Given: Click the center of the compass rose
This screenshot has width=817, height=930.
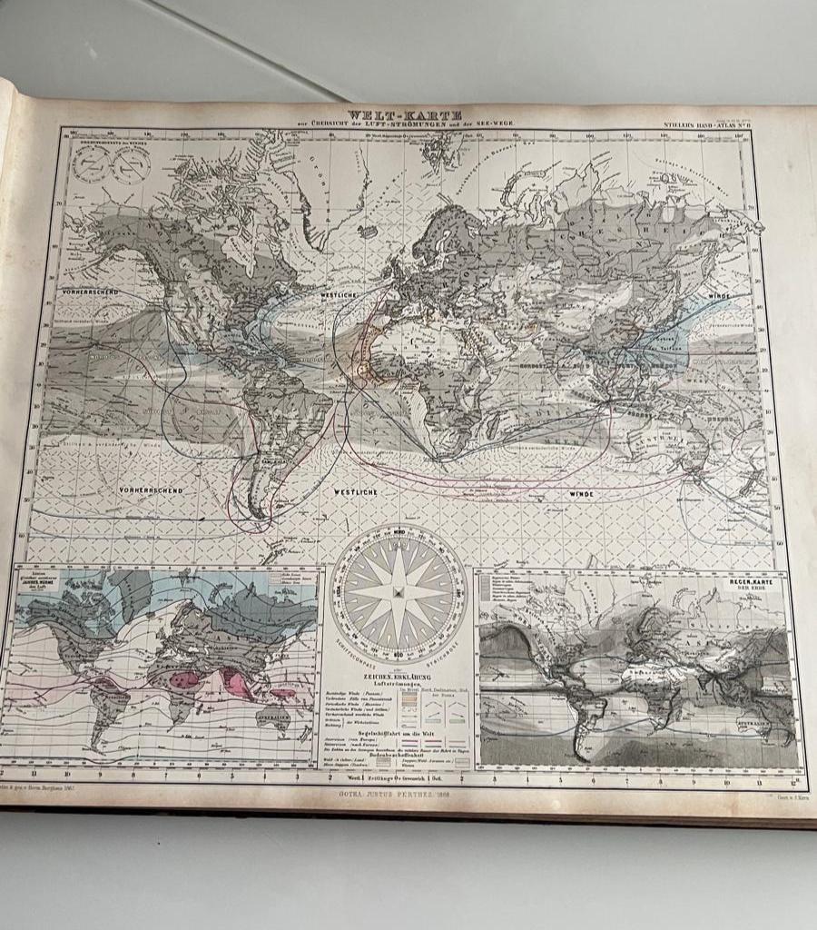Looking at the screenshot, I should [398, 592].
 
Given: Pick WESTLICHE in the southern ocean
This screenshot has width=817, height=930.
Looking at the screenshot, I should [354, 491].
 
